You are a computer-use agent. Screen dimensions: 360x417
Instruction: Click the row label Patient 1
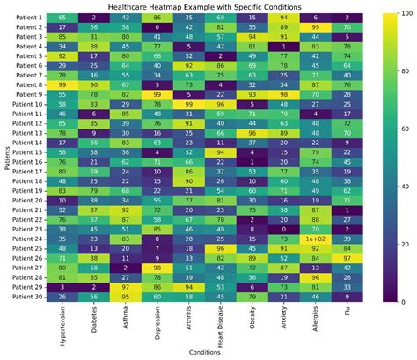(28, 18)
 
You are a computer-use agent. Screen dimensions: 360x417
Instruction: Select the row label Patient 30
(26, 297)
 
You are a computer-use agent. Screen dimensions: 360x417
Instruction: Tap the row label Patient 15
(26, 152)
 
